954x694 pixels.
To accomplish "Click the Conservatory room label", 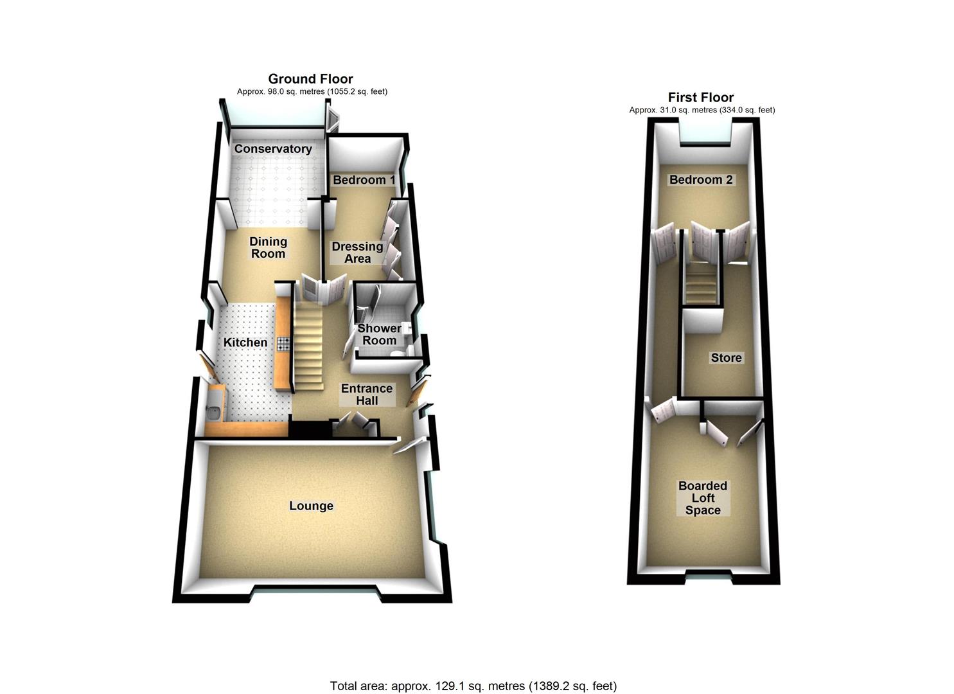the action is pyautogui.click(x=273, y=148).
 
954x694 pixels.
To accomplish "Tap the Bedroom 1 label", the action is pyautogui.click(x=364, y=180).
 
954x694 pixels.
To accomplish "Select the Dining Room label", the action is pyautogui.click(x=268, y=247).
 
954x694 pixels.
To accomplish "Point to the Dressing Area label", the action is pyautogui.click(x=357, y=252).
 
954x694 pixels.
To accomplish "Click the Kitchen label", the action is pyautogui.click(x=245, y=342).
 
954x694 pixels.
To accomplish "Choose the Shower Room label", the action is pyautogui.click(x=379, y=334).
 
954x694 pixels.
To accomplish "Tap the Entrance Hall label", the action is pyautogui.click(x=367, y=395).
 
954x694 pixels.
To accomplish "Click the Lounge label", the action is pyautogui.click(x=311, y=506).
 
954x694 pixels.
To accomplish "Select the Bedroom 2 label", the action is pyautogui.click(x=701, y=180).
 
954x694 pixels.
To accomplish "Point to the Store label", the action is pyautogui.click(x=726, y=357).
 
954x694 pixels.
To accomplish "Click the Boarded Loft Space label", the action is pyautogui.click(x=703, y=497).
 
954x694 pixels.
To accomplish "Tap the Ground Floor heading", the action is pyautogui.click(x=310, y=79).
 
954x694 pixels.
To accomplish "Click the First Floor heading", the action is pyautogui.click(x=701, y=98).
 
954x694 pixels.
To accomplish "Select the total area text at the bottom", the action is pyautogui.click(x=473, y=662).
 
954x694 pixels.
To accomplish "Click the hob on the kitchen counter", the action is pyautogui.click(x=284, y=344).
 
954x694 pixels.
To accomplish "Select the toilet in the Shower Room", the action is pyautogui.click(x=399, y=353).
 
